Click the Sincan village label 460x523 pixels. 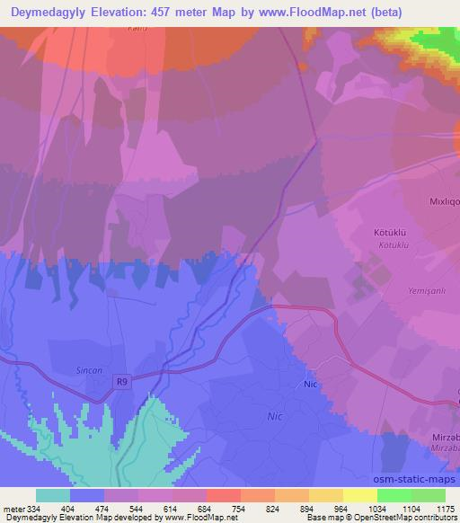tap(88, 368)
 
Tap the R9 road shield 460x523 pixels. tap(122, 382)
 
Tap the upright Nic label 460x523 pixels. tap(311, 384)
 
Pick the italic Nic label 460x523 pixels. tap(277, 417)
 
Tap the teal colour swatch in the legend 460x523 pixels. tap(53, 495)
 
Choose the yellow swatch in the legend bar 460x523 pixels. tap(360, 495)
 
